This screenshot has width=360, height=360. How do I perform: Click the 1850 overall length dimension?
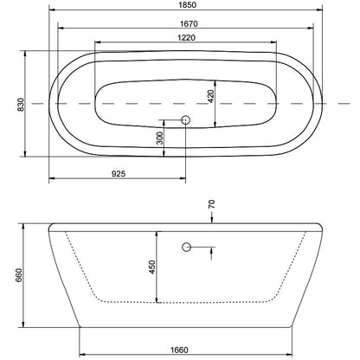pyautogui.click(x=187, y=5)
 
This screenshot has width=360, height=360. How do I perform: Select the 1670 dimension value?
pyautogui.click(x=189, y=23)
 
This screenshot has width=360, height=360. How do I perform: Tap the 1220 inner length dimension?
pyautogui.click(x=186, y=38)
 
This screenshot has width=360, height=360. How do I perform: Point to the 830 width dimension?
pyautogui.click(x=21, y=105)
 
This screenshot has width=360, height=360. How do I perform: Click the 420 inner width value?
pyautogui.click(x=211, y=96)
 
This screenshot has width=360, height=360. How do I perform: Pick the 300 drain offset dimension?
pyautogui.click(x=159, y=138)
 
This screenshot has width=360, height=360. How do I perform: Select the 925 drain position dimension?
pyautogui.click(x=119, y=174)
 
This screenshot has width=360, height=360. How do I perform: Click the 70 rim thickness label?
pyautogui.click(x=211, y=204)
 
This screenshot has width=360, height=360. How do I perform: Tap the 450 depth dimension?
pyautogui.click(x=151, y=267)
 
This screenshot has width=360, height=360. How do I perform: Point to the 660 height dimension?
pyautogui.click(x=18, y=275)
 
